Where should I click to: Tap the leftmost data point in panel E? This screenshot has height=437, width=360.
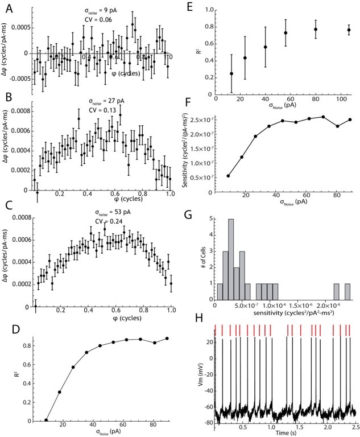tap(231, 73)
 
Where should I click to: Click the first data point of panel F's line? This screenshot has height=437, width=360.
tap(229, 176)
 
